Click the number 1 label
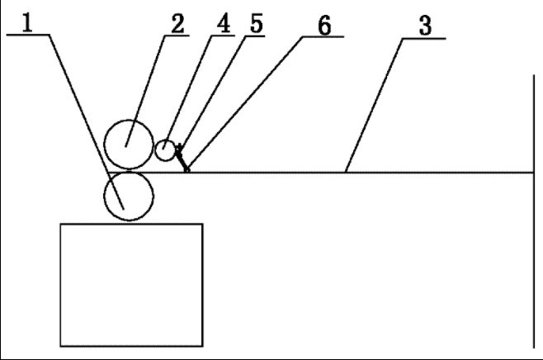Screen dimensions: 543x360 tap(28, 21)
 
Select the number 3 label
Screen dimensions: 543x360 tap(426, 25)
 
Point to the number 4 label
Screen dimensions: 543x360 tap(224, 22)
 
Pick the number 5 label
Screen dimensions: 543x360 tap(256, 22)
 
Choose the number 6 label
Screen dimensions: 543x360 tap(324, 25)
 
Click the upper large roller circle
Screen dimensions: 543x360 tap(129, 143)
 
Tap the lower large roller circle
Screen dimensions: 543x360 tap(129, 197)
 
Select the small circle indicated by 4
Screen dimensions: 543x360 tap(167, 150)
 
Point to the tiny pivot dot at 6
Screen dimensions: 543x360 tap(187, 171)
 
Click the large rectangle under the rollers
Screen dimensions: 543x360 tap(130, 284)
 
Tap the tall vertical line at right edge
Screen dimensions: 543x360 tap(533, 215)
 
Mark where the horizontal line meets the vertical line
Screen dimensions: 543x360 tap(533, 173)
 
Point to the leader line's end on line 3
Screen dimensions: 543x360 tap(346, 172)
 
